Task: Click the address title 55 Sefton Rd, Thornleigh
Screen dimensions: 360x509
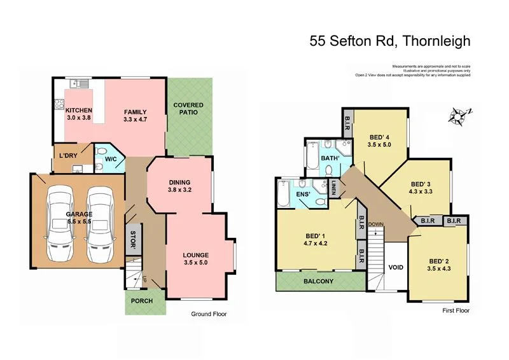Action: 390,42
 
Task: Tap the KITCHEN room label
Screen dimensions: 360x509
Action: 80,114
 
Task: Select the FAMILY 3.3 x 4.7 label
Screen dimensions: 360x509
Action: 139,116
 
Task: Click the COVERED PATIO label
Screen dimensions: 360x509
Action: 189,109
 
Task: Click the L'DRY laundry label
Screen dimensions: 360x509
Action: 68,156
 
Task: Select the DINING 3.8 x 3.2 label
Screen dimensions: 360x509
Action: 180,185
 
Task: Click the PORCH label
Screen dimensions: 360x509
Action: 141,301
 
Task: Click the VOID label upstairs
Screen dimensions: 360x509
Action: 395,267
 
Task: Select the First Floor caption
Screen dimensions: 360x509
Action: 456,311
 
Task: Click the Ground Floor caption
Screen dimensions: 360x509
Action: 209,314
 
